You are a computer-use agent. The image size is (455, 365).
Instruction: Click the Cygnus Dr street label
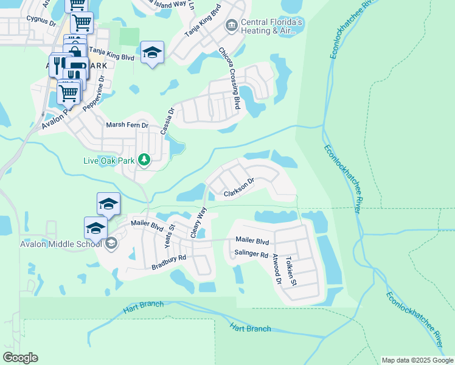click(41, 19)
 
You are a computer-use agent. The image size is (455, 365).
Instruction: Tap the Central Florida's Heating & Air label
click(271, 26)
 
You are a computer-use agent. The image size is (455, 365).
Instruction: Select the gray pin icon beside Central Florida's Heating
click(231, 25)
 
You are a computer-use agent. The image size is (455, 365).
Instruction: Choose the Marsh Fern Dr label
click(127, 125)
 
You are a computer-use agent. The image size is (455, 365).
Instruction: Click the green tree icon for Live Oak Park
click(144, 160)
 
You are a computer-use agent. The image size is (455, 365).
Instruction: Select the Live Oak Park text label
click(109, 161)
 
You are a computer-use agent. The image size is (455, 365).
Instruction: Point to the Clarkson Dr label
click(238, 188)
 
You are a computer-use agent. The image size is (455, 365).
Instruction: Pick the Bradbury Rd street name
click(168, 262)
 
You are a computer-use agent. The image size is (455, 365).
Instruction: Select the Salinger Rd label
click(251, 254)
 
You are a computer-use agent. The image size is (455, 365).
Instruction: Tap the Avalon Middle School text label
click(50, 245)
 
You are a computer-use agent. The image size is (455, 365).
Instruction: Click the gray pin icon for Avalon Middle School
click(110, 244)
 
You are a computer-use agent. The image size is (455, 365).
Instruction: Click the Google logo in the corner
click(20, 358)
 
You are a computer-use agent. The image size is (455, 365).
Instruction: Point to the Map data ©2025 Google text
click(417, 360)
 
